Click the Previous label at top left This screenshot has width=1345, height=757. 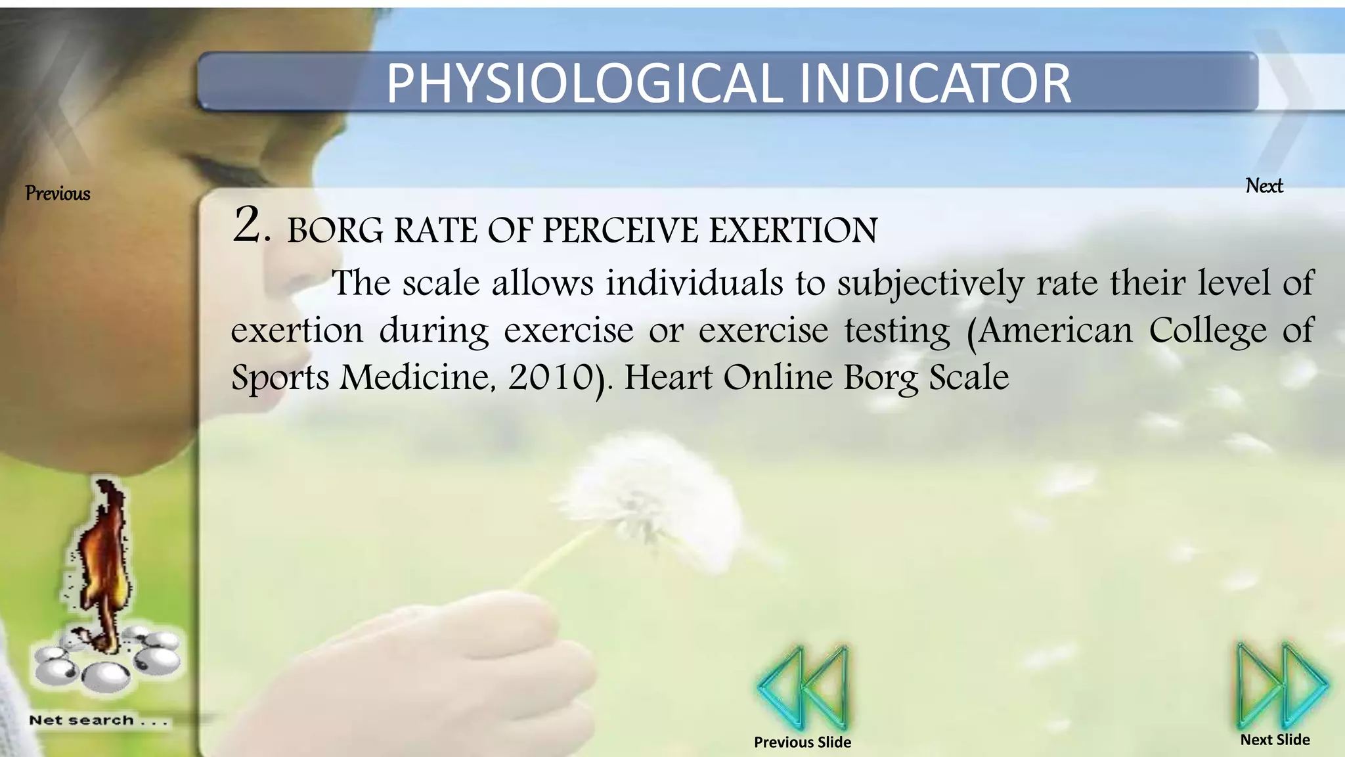coord(58,193)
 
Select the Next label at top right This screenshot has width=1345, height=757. coord(1264,186)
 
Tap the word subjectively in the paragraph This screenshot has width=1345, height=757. coord(930,284)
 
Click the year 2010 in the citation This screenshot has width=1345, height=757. coord(550,378)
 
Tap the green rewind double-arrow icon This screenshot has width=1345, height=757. coord(803,687)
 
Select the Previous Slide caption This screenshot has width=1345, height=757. coord(803,742)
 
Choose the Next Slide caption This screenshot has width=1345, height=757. coord(1275,739)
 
